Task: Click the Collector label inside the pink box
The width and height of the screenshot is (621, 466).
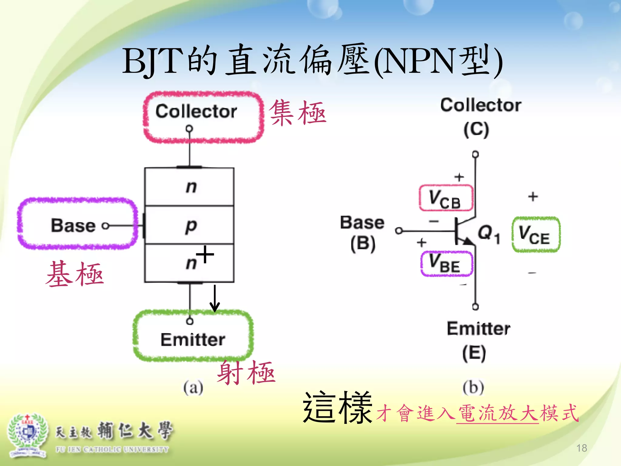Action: [196, 111]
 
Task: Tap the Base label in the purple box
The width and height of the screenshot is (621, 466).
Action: [73, 225]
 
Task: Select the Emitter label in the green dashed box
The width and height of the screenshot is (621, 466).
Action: [193, 339]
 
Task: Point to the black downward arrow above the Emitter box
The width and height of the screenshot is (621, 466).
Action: [215, 299]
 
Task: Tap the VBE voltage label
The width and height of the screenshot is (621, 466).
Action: [446, 263]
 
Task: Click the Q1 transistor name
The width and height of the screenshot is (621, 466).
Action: [489, 233]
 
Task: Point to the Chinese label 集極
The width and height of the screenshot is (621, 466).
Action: [297, 113]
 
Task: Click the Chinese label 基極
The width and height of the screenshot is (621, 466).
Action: [75, 274]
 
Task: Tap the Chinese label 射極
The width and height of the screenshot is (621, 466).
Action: [246, 373]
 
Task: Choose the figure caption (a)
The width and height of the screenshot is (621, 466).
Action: [193, 387]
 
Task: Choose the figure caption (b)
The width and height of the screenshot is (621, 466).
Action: [473, 387]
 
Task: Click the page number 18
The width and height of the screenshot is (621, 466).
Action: [582, 448]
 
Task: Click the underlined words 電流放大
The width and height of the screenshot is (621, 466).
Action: [498, 413]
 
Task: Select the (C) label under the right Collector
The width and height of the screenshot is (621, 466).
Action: [476, 130]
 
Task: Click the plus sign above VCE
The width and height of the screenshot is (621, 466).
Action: [533, 197]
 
